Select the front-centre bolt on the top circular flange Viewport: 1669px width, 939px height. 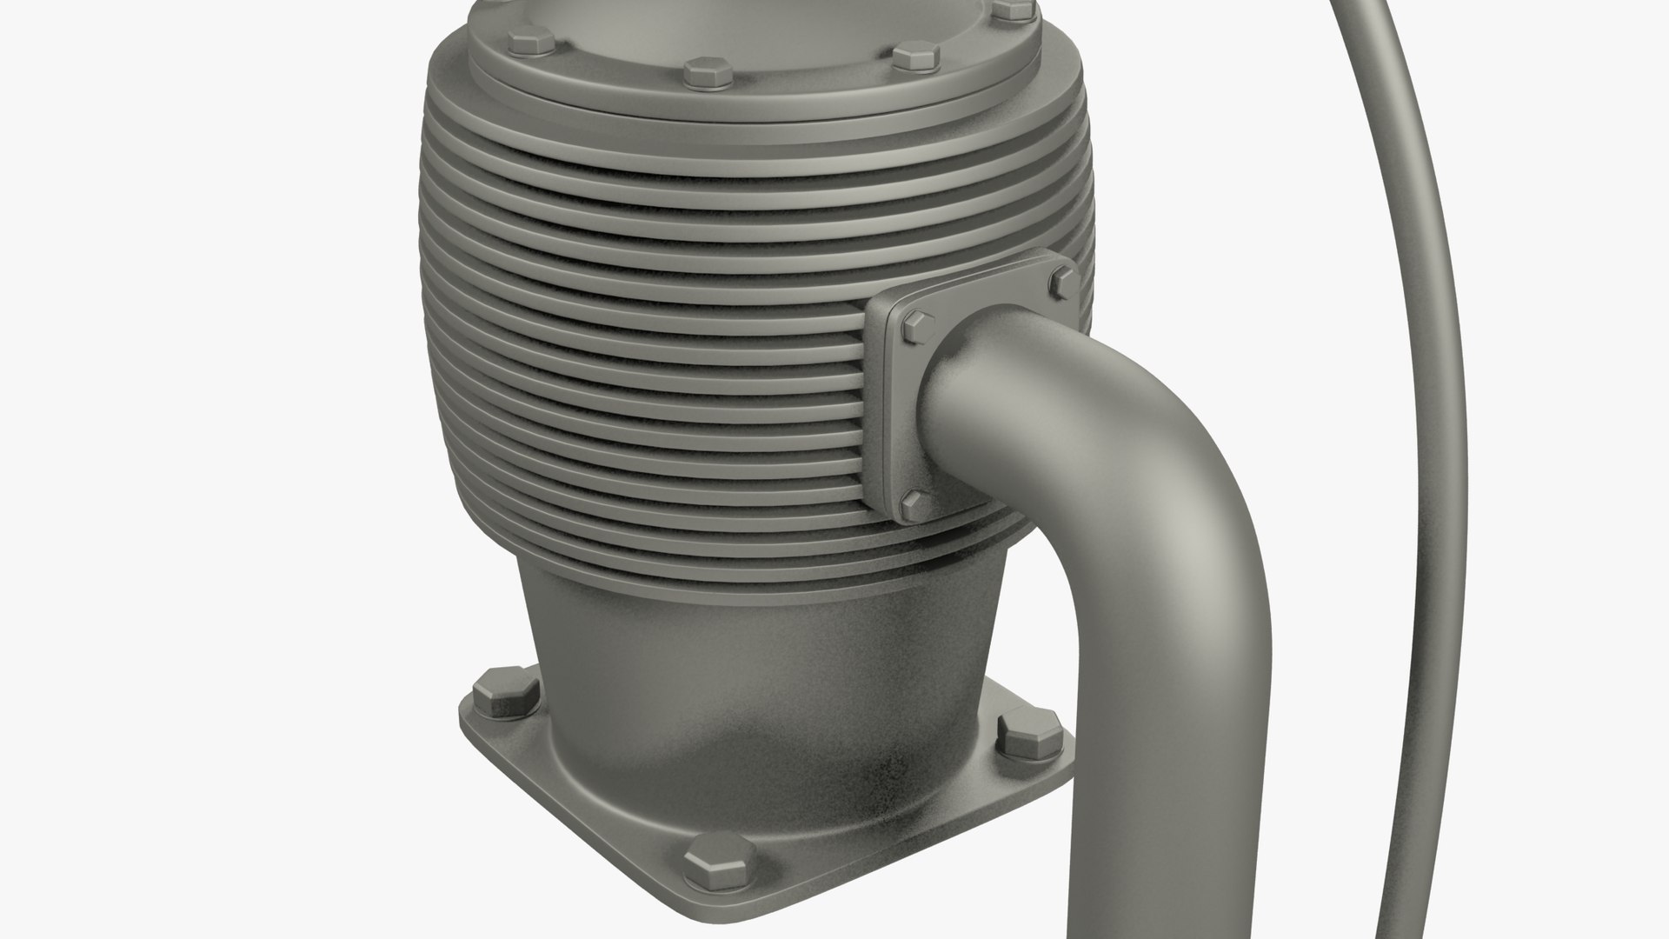coord(706,72)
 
